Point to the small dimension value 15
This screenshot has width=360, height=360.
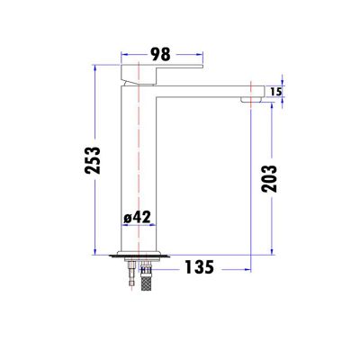276,91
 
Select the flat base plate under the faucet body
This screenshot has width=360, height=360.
139,255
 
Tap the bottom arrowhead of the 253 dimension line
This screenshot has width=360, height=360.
95,249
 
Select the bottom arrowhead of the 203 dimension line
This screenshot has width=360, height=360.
268,249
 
